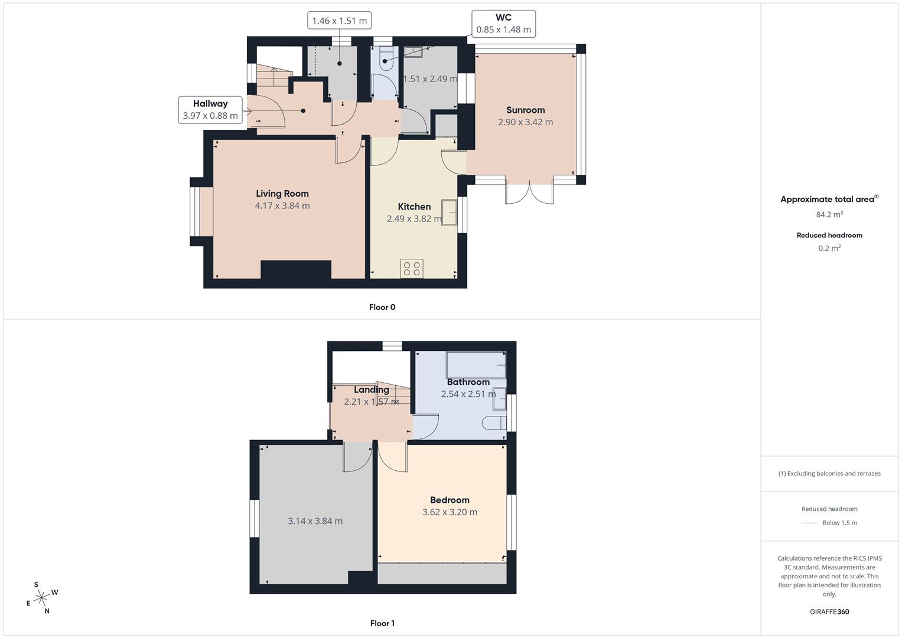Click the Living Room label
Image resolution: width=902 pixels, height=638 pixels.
[282, 194]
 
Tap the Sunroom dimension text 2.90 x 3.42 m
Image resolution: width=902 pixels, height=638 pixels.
[525, 122]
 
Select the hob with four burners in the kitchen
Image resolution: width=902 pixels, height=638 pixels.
[412, 269]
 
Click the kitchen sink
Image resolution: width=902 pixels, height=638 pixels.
[450, 213]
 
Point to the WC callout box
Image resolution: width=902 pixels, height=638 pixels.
[503, 24]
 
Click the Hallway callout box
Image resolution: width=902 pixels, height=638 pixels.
[210, 110]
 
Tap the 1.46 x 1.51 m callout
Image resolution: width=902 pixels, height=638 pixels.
[339, 21]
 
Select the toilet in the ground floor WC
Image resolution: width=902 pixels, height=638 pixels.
[385, 60]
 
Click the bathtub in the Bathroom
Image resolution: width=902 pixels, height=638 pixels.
[476, 364]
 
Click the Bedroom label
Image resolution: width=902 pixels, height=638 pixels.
[450, 500]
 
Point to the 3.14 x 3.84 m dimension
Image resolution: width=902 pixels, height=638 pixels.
[315, 521]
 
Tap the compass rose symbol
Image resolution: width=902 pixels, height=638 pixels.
[41, 598]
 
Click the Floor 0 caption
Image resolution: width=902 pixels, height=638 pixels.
[382, 307]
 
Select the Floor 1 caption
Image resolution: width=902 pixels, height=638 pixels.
[382, 623]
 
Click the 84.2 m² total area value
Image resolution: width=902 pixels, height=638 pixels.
[829, 214]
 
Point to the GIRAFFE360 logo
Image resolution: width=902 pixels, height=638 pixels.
[829, 611]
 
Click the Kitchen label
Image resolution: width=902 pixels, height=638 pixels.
[414, 207]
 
